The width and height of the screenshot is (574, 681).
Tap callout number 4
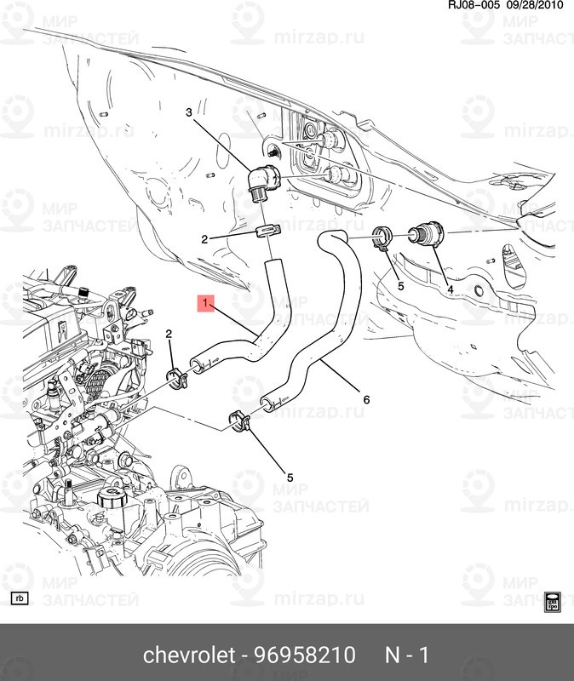451,290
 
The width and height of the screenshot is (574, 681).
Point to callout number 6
366,400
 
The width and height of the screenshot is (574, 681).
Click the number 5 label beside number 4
400,287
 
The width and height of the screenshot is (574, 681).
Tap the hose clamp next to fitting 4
383,236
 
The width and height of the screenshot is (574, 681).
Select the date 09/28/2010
537,7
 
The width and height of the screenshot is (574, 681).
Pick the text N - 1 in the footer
407,655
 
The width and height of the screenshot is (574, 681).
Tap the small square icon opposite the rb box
552,599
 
